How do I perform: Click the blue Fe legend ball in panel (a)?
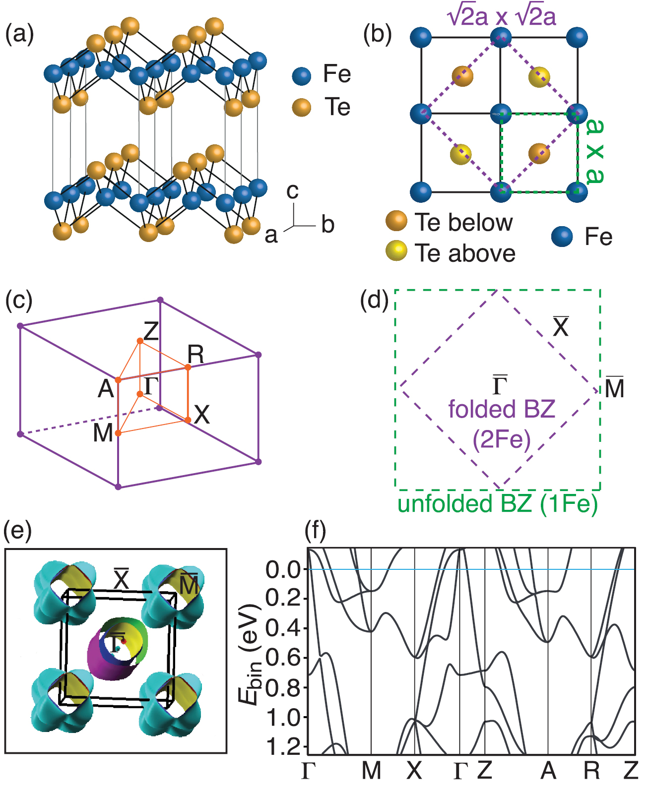(x=302, y=76)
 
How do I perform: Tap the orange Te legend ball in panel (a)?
(x=302, y=107)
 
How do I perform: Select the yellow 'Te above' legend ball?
(x=396, y=251)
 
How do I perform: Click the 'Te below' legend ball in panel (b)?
(x=396, y=221)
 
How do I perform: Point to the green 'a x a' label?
(x=595, y=152)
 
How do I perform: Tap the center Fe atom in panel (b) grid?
(x=501, y=114)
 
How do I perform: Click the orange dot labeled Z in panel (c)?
(x=140, y=341)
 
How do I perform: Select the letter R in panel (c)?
(x=195, y=355)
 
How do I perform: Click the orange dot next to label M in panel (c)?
(x=118, y=433)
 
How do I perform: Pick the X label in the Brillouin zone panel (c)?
(x=202, y=415)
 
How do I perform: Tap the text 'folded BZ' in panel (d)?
(x=501, y=410)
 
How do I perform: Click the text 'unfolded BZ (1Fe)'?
(x=498, y=504)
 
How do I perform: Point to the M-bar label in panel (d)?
(x=614, y=388)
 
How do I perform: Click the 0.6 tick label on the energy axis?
(x=283, y=659)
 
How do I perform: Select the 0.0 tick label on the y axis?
(x=283, y=570)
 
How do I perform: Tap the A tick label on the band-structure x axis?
(x=548, y=771)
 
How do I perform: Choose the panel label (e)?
(x=18, y=531)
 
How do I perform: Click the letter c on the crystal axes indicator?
(x=293, y=191)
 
